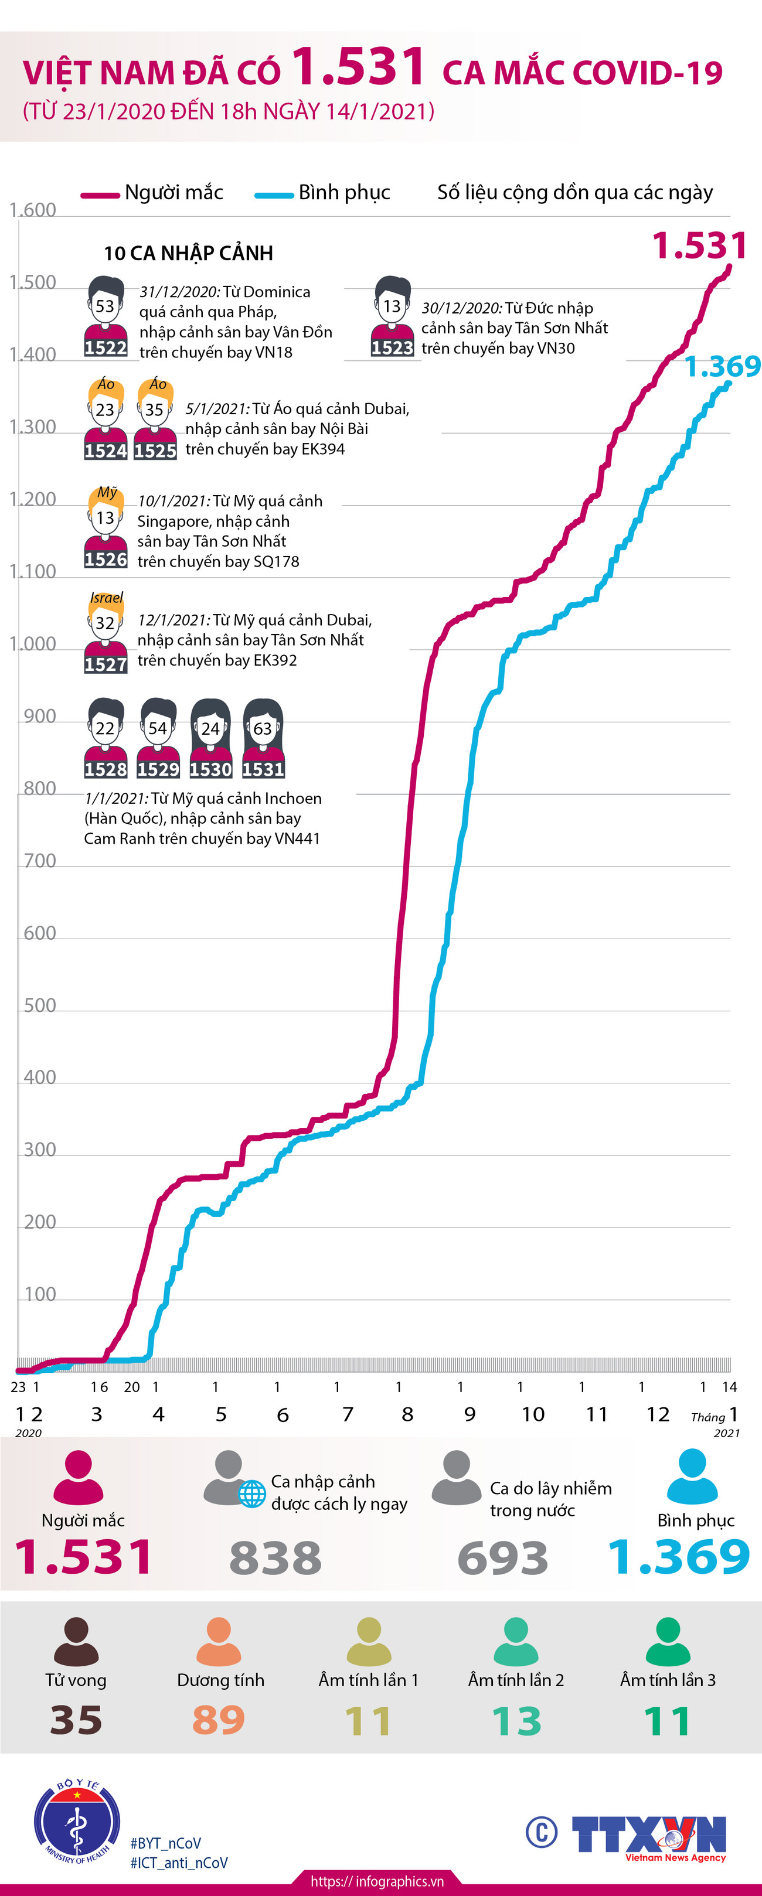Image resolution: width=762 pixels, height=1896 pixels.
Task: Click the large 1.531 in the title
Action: [x=359, y=66]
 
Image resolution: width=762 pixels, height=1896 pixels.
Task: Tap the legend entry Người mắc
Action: [x=173, y=193]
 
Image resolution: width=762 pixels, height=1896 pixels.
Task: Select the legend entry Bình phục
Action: [x=344, y=193]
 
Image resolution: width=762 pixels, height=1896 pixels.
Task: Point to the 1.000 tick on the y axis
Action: [x=32, y=644]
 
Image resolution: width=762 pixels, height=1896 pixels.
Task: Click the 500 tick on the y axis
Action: [x=40, y=1005]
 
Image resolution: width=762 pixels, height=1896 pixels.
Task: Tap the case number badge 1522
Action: [x=106, y=347]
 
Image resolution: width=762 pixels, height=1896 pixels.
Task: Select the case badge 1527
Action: [x=106, y=664]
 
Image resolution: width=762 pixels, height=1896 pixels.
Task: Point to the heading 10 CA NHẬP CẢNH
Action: [x=189, y=253]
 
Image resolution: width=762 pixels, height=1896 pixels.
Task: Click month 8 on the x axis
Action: [x=407, y=1414]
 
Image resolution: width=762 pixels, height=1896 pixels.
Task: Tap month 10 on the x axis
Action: [x=533, y=1414]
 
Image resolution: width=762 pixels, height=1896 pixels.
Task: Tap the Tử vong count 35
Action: [x=76, y=1720]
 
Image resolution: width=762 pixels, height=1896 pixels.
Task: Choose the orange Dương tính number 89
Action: [x=219, y=1720]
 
